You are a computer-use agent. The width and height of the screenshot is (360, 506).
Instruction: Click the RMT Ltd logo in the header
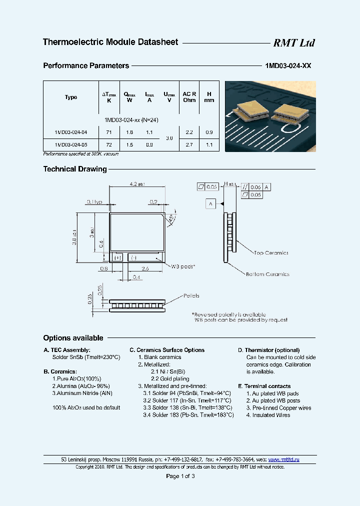point(293,43)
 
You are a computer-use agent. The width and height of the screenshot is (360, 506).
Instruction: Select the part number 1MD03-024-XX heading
point(287,65)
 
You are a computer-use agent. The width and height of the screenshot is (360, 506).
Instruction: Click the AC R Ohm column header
point(189,97)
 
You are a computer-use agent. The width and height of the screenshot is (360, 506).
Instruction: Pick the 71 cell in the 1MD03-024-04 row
point(109,132)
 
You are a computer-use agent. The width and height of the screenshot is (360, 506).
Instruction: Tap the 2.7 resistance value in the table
point(189,145)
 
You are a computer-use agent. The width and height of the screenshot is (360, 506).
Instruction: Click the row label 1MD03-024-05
point(71,145)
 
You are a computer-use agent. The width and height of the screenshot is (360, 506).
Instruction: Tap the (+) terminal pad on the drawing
point(118,257)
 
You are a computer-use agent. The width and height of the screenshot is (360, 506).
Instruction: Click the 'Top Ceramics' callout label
point(271,253)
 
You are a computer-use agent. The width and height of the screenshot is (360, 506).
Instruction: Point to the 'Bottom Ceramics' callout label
point(267,274)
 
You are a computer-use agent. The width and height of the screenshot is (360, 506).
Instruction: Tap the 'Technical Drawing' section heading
point(75,169)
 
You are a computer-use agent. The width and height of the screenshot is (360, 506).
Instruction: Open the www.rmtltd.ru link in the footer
point(284,459)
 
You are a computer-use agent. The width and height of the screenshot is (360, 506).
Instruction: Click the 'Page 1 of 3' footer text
point(180,476)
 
